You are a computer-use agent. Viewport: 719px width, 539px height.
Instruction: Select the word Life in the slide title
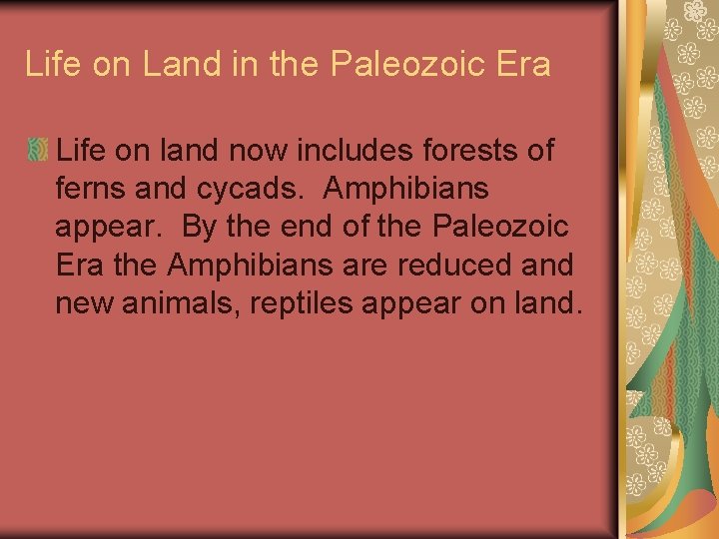(x=52, y=65)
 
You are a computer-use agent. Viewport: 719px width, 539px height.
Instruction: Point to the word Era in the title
(x=520, y=65)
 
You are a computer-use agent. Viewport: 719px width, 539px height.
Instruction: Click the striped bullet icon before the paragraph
(x=37, y=151)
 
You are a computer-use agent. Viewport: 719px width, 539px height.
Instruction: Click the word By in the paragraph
(x=199, y=227)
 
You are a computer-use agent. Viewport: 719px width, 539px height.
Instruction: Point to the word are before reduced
(x=373, y=266)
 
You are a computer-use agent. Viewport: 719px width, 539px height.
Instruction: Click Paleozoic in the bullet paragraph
(x=502, y=227)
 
